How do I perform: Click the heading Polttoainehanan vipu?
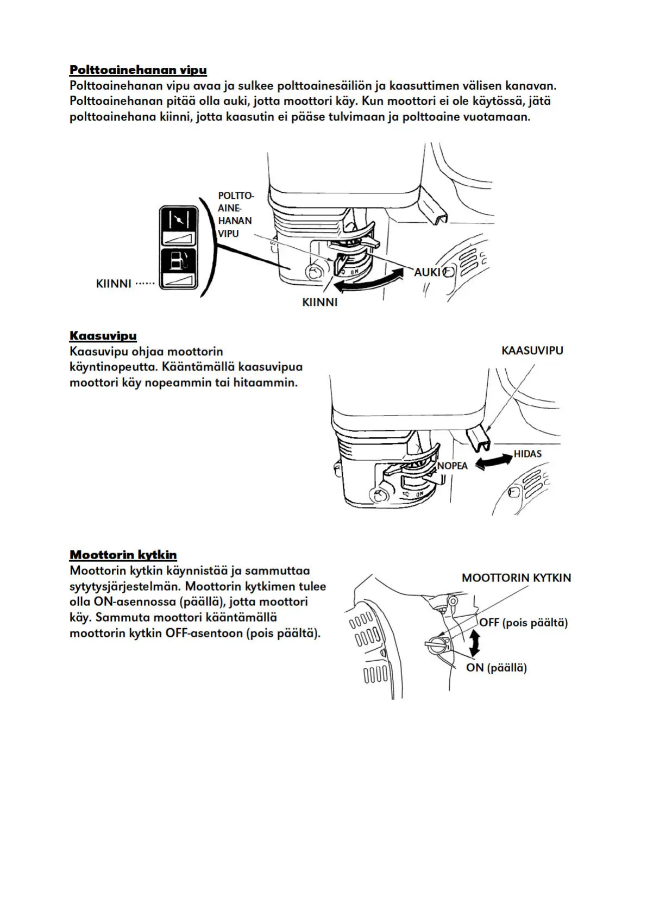click(x=138, y=70)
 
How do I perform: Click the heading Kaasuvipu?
click(x=103, y=335)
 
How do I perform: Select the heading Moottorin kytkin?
click(x=123, y=555)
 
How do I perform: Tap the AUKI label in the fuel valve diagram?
click(x=428, y=272)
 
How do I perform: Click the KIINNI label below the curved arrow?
click(x=319, y=302)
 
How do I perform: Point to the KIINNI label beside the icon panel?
click(x=114, y=283)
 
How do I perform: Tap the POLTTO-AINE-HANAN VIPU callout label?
click(x=235, y=214)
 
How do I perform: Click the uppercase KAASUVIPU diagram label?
click(x=532, y=350)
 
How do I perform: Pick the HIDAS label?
click(x=527, y=454)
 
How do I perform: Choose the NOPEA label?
click(x=453, y=466)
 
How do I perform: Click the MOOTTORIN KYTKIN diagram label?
click(x=516, y=578)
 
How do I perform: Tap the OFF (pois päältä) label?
click(x=523, y=623)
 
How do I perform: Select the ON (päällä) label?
click(x=496, y=668)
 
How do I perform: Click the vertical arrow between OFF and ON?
click(x=475, y=643)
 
